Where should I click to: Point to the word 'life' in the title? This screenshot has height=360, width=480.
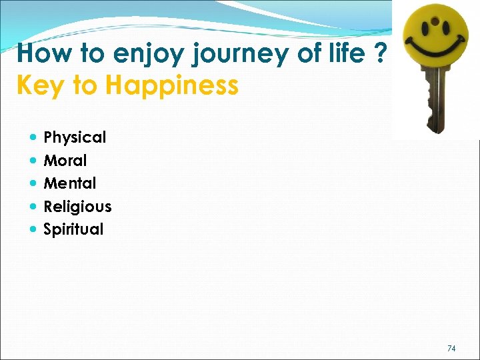click(x=347, y=53)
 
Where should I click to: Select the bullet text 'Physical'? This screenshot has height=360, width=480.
click(x=75, y=137)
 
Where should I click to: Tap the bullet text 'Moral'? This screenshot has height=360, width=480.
click(x=65, y=161)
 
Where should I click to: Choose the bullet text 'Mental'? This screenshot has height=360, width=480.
click(x=69, y=183)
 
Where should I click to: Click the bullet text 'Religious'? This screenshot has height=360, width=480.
click(x=77, y=207)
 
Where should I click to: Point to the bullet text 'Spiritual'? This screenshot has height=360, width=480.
click(x=73, y=229)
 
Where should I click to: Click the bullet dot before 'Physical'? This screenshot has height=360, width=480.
click(x=33, y=138)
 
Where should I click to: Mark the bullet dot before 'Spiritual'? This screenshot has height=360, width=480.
click(x=33, y=229)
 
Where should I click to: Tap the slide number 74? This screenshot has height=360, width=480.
click(x=451, y=348)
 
